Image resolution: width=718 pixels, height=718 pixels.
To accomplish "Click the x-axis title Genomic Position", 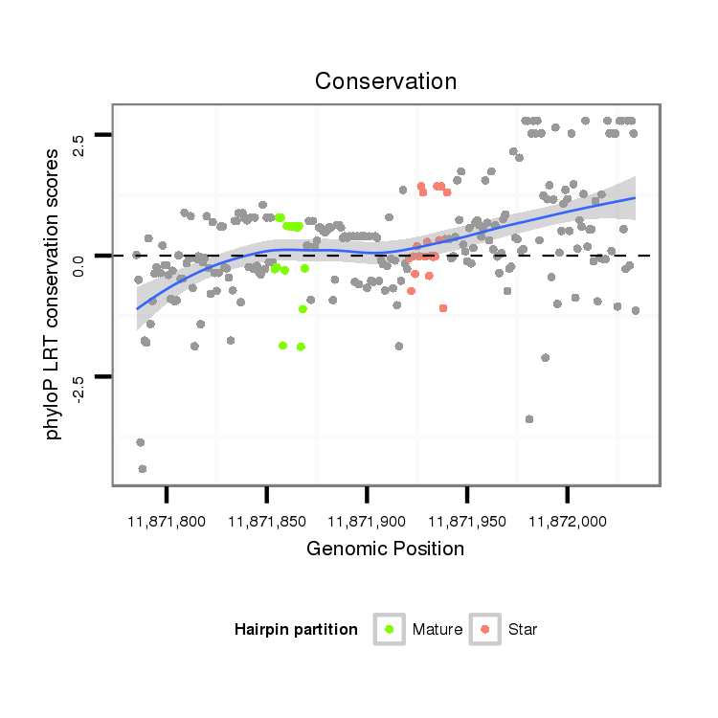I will pyautogui.click(x=385, y=549).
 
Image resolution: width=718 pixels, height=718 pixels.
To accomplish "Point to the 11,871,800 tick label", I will pyautogui.click(x=167, y=522).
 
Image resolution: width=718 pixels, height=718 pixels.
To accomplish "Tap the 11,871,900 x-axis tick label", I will pyautogui.click(x=367, y=522).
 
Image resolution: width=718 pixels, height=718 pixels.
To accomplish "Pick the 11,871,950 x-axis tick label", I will pyautogui.click(x=466, y=522).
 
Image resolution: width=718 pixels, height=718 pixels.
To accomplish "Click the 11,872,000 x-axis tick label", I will pyautogui.click(x=567, y=522).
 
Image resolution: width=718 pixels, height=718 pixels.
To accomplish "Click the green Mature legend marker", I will pyautogui.click(x=390, y=629).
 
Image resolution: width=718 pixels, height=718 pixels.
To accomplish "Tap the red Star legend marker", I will pyautogui.click(x=485, y=629).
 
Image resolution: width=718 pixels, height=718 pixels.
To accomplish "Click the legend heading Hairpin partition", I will pyautogui.click(x=296, y=630).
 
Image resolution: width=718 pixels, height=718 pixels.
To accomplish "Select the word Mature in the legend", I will pyautogui.click(x=438, y=630).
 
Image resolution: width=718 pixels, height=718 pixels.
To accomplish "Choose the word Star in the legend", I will pyautogui.click(x=523, y=630).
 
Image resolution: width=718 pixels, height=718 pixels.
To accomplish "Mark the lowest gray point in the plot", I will pyautogui.click(x=143, y=469).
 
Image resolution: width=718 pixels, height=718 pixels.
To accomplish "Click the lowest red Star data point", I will pyautogui.click(x=443, y=308).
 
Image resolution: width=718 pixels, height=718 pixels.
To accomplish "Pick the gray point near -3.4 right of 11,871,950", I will pyautogui.click(x=529, y=419).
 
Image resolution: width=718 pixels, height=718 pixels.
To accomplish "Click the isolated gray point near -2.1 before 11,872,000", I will pyautogui.click(x=546, y=358).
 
